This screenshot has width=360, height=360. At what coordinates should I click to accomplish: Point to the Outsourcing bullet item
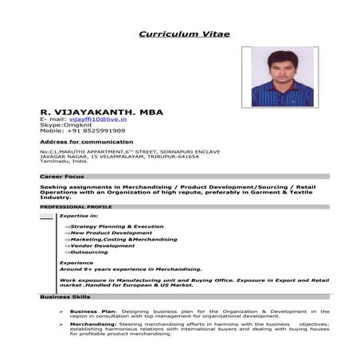89,252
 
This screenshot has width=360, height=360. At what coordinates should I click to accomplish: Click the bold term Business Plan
93,311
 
